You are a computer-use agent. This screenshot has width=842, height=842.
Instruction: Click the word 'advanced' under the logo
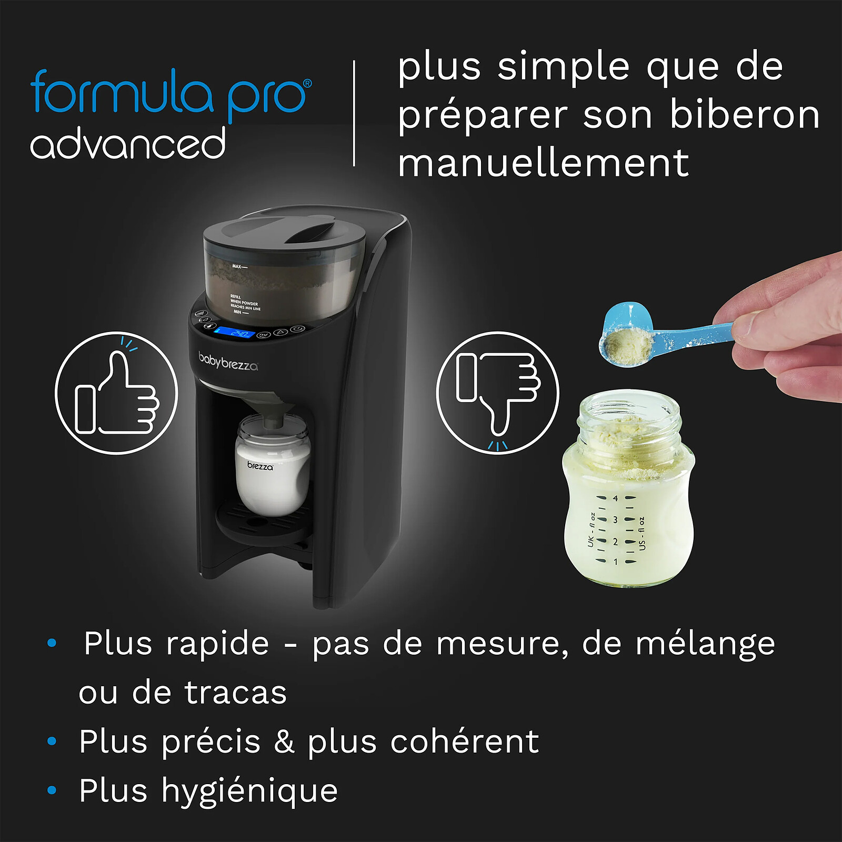coord(128,143)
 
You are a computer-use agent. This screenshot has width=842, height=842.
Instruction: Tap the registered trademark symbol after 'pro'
coord(307,83)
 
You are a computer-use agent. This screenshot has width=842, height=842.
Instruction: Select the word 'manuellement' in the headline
coord(543,163)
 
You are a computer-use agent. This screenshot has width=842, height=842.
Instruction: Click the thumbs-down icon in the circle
coord(498,392)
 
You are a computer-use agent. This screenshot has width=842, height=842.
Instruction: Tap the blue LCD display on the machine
coord(235,333)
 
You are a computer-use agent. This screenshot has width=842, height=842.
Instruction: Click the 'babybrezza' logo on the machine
coord(228,362)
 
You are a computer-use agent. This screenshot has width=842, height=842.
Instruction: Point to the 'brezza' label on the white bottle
coord(260,466)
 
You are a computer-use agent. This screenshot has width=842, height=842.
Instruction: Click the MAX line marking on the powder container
coord(239,266)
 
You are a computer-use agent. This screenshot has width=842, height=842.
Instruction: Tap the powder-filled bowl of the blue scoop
coord(626,345)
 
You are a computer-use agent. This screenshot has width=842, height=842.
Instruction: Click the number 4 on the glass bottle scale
coord(615,498)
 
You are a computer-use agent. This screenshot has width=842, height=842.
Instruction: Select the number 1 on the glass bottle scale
coord(615,562)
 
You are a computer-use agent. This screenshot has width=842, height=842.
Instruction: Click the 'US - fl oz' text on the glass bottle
coord(641,533)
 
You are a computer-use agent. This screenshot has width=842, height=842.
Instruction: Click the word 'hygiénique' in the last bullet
coord(249,791)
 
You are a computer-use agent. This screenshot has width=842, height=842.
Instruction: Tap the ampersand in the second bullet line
coord(284,742)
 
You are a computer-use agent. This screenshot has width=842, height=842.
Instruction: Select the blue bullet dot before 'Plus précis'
coord(52,741)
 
